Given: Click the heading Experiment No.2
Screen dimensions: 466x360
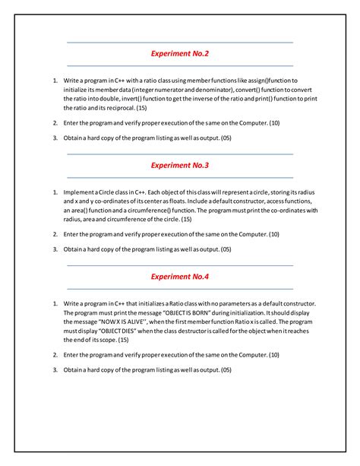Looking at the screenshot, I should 180,54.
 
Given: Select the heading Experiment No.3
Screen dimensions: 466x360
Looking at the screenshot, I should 180,165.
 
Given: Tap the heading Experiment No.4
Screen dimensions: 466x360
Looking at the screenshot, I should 180,277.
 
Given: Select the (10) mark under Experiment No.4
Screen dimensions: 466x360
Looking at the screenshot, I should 273,354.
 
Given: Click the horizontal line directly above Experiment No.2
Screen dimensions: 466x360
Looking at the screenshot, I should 180,43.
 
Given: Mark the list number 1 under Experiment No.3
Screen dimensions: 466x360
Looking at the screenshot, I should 55,192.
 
